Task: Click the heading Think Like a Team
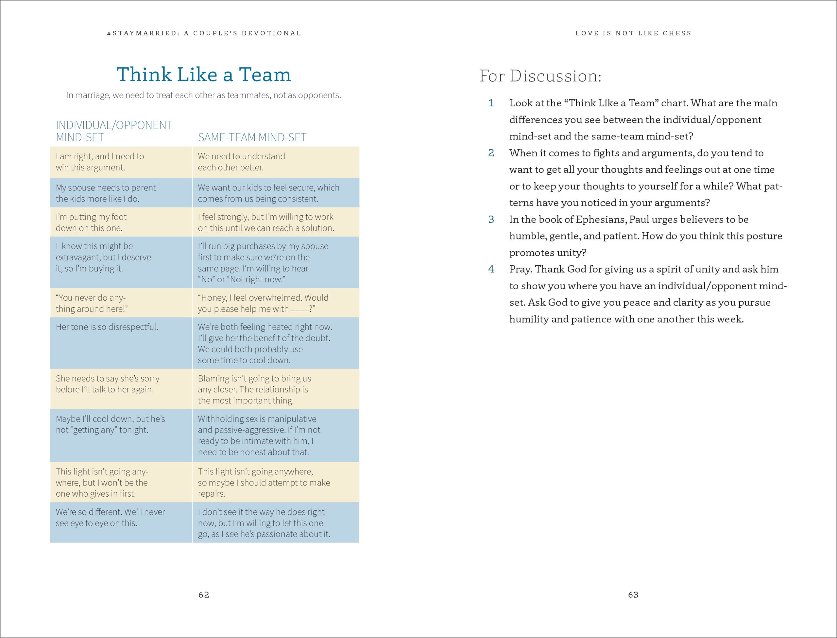tap(204, 75)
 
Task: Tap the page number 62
tap(204, 595)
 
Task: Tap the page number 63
tap(633, 595)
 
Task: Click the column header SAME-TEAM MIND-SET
tap(252, 137)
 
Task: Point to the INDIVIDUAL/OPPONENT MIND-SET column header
tap(114, 131)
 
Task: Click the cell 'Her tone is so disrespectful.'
tap(107, 327)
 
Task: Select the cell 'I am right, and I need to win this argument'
tap(100, 162)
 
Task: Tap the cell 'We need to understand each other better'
tap(241, 162)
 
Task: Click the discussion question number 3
tap(491, 220)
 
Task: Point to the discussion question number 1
tap(491, 103)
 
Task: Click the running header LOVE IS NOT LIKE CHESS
tap(633, 33)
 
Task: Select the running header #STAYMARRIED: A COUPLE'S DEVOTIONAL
tap(204, 33)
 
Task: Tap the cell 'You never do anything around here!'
tap(92, 303)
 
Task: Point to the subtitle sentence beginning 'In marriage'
tap(204, 95)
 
